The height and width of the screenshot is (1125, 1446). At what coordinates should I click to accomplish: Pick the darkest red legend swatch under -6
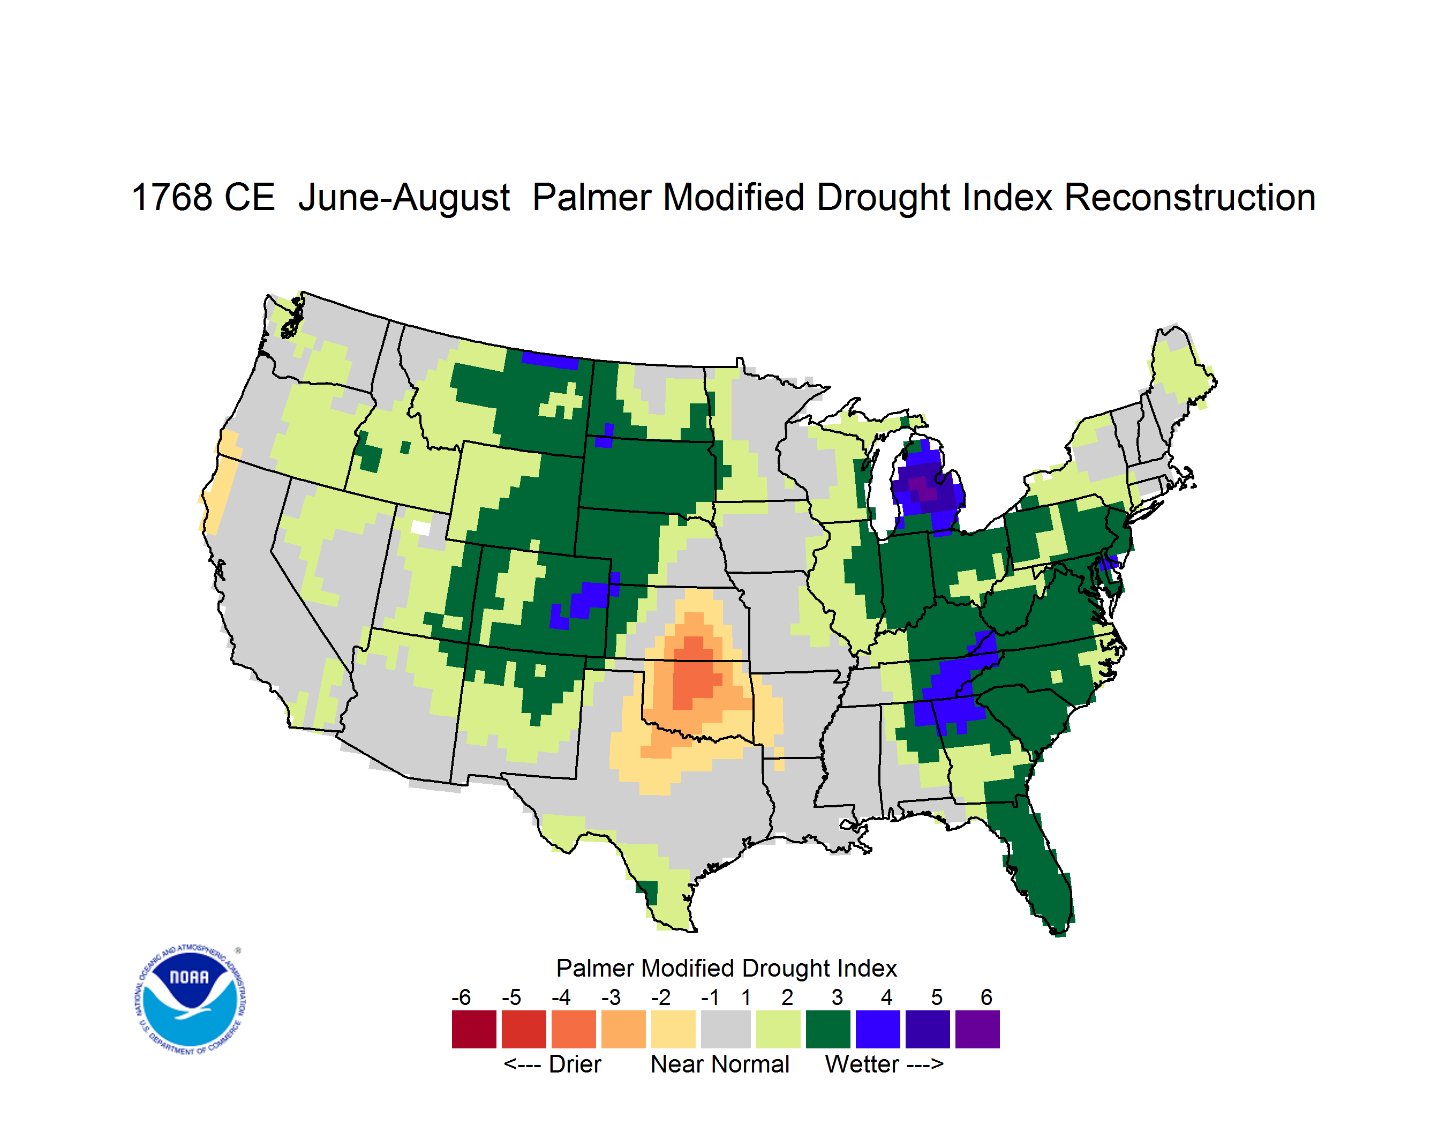474,1029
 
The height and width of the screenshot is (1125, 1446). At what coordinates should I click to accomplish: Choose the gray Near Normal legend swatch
726,1029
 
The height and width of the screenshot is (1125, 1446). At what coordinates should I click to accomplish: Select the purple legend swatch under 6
977,1029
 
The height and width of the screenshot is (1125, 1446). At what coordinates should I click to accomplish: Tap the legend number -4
561,997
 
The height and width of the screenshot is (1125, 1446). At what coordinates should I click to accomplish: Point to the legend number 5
936,997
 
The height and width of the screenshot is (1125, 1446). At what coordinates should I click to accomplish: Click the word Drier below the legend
575,1064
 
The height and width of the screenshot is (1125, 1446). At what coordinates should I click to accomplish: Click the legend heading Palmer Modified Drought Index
726,968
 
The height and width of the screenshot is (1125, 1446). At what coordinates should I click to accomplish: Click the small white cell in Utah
420,528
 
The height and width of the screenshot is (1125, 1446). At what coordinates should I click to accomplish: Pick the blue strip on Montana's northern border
550,360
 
